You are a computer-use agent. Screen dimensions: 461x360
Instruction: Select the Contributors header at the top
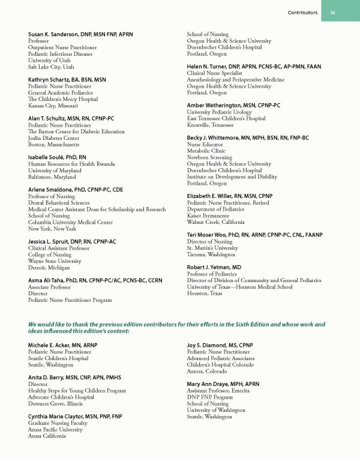tap(302, 13)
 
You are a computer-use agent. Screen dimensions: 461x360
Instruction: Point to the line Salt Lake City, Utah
tap(51, 67)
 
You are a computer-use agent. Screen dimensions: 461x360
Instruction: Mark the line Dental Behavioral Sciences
tap(59, 203)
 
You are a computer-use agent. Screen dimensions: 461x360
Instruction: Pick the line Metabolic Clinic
tap(206, 151)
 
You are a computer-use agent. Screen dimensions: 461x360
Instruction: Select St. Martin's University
tap(212, 247)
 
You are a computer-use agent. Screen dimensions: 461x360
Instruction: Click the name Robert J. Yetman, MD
tap(214, 267)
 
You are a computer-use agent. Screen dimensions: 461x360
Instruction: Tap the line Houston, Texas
tap(205, 293)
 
